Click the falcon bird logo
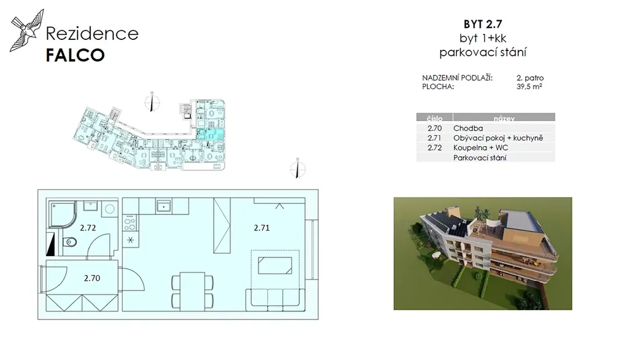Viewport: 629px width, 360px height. [x=26, y=31]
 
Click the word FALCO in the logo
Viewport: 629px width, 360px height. [x=75, y=55]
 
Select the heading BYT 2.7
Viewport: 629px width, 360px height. [x=483, y=24]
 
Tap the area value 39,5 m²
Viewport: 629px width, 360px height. [x=529, y=86]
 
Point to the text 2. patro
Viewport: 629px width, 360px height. [x=530, y=78]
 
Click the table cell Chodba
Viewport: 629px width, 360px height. [x=467, y=128]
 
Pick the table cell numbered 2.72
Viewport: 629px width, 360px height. [x=434, y=147]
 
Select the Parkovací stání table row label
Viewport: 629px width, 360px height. [x=479, y=158]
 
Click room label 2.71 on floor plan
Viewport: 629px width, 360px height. [x=262, y=228]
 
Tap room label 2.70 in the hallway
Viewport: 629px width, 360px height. [x=92, y=278]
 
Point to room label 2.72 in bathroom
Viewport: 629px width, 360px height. [x=88, y=228]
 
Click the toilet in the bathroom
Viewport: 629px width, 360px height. [x=69, y=242]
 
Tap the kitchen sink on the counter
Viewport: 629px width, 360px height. [x=163, y=206]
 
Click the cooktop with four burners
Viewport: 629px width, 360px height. [x=130, y=223]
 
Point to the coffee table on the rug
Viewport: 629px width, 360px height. [x=275, y=265]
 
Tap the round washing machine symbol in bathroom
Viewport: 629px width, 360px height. [x=109, y=209]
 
